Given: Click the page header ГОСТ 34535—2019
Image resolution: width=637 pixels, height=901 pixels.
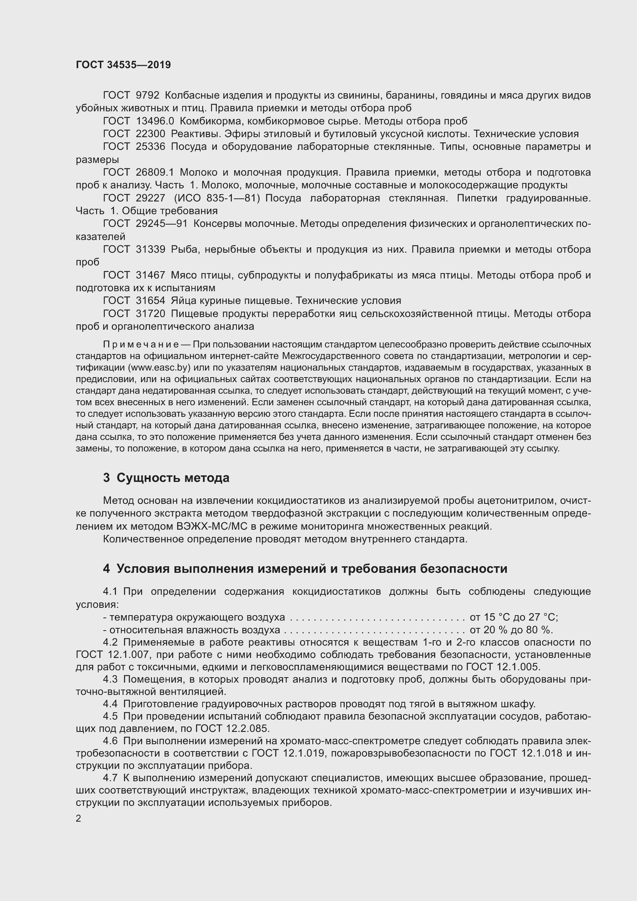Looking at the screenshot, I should point(123,65).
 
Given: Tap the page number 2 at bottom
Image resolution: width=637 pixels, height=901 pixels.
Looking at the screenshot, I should point(79,819).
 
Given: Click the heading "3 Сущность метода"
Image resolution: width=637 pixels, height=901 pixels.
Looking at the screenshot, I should point(166,478).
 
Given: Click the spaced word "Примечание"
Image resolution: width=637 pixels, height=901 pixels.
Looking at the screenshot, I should point(141,344).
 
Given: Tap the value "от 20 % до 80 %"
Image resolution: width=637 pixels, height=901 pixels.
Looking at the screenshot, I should point(510,630).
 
